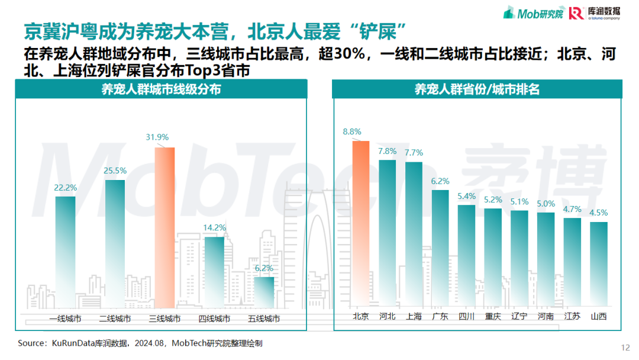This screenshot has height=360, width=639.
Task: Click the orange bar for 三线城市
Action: [164, 228]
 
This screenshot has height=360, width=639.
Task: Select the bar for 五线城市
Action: [264, 293]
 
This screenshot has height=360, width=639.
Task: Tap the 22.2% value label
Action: [65, 188]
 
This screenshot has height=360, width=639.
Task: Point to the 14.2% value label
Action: [214, 227]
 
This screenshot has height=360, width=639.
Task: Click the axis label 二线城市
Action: [115, 319]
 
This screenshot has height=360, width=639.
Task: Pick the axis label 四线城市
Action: [214, 319]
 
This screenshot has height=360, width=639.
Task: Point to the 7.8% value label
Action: [387, 150]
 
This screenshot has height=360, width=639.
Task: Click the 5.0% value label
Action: [546, 203]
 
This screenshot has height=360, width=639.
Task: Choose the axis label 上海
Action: [414, 316]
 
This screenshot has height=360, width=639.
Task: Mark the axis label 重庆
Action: [493, 316]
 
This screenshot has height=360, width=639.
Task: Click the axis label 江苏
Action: [572, 316]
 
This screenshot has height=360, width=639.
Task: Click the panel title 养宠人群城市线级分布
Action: [162, 89]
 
